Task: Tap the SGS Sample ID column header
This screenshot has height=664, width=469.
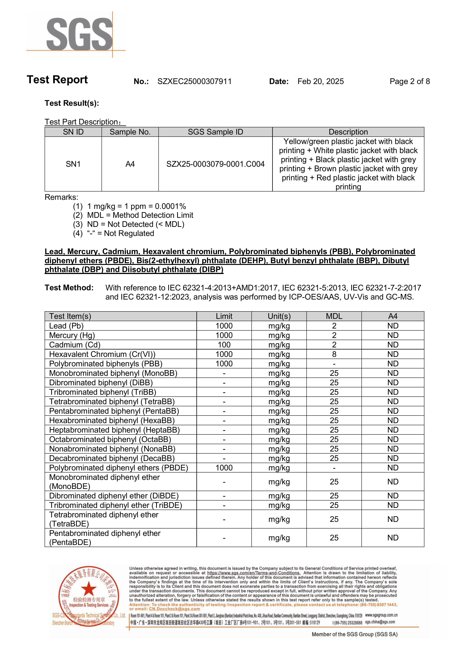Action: [x=215, y=132]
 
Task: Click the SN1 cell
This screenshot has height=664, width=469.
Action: [x=73, y=164]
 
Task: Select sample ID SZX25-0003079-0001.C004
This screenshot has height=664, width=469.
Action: [x=215, y=164]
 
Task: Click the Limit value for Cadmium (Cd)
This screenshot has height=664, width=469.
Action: [x=224, y=345]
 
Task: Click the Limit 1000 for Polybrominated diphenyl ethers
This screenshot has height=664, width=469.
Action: [x=224, y=468]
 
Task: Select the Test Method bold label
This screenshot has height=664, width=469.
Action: [x=69, y=288]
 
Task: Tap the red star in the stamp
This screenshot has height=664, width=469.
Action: [x=88, y=589]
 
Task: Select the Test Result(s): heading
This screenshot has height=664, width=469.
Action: [x=72, y=103]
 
